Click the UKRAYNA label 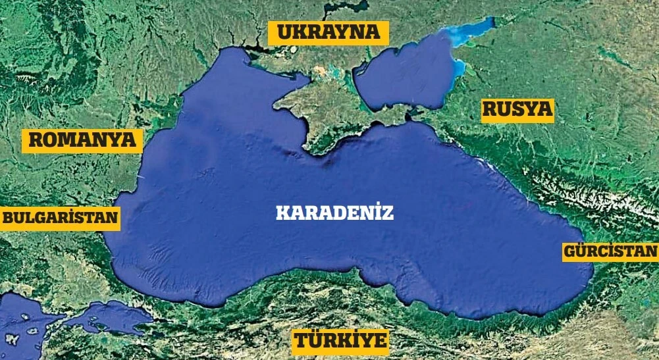pos(328,32)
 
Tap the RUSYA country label pos(517,109)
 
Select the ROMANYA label pos(82,140)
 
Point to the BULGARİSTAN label pos(60,219)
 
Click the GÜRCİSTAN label pos(610,251)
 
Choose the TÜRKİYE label pos(341,341)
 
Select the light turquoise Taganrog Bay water pos(471,30)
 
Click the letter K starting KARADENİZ pos(280,213)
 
